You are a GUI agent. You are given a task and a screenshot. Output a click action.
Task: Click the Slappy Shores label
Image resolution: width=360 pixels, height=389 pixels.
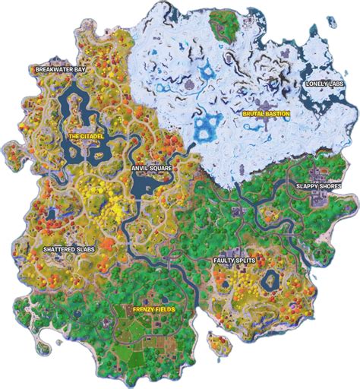click(320, 185)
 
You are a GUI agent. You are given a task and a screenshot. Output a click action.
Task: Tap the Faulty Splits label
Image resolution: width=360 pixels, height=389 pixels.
click(233, 259)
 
